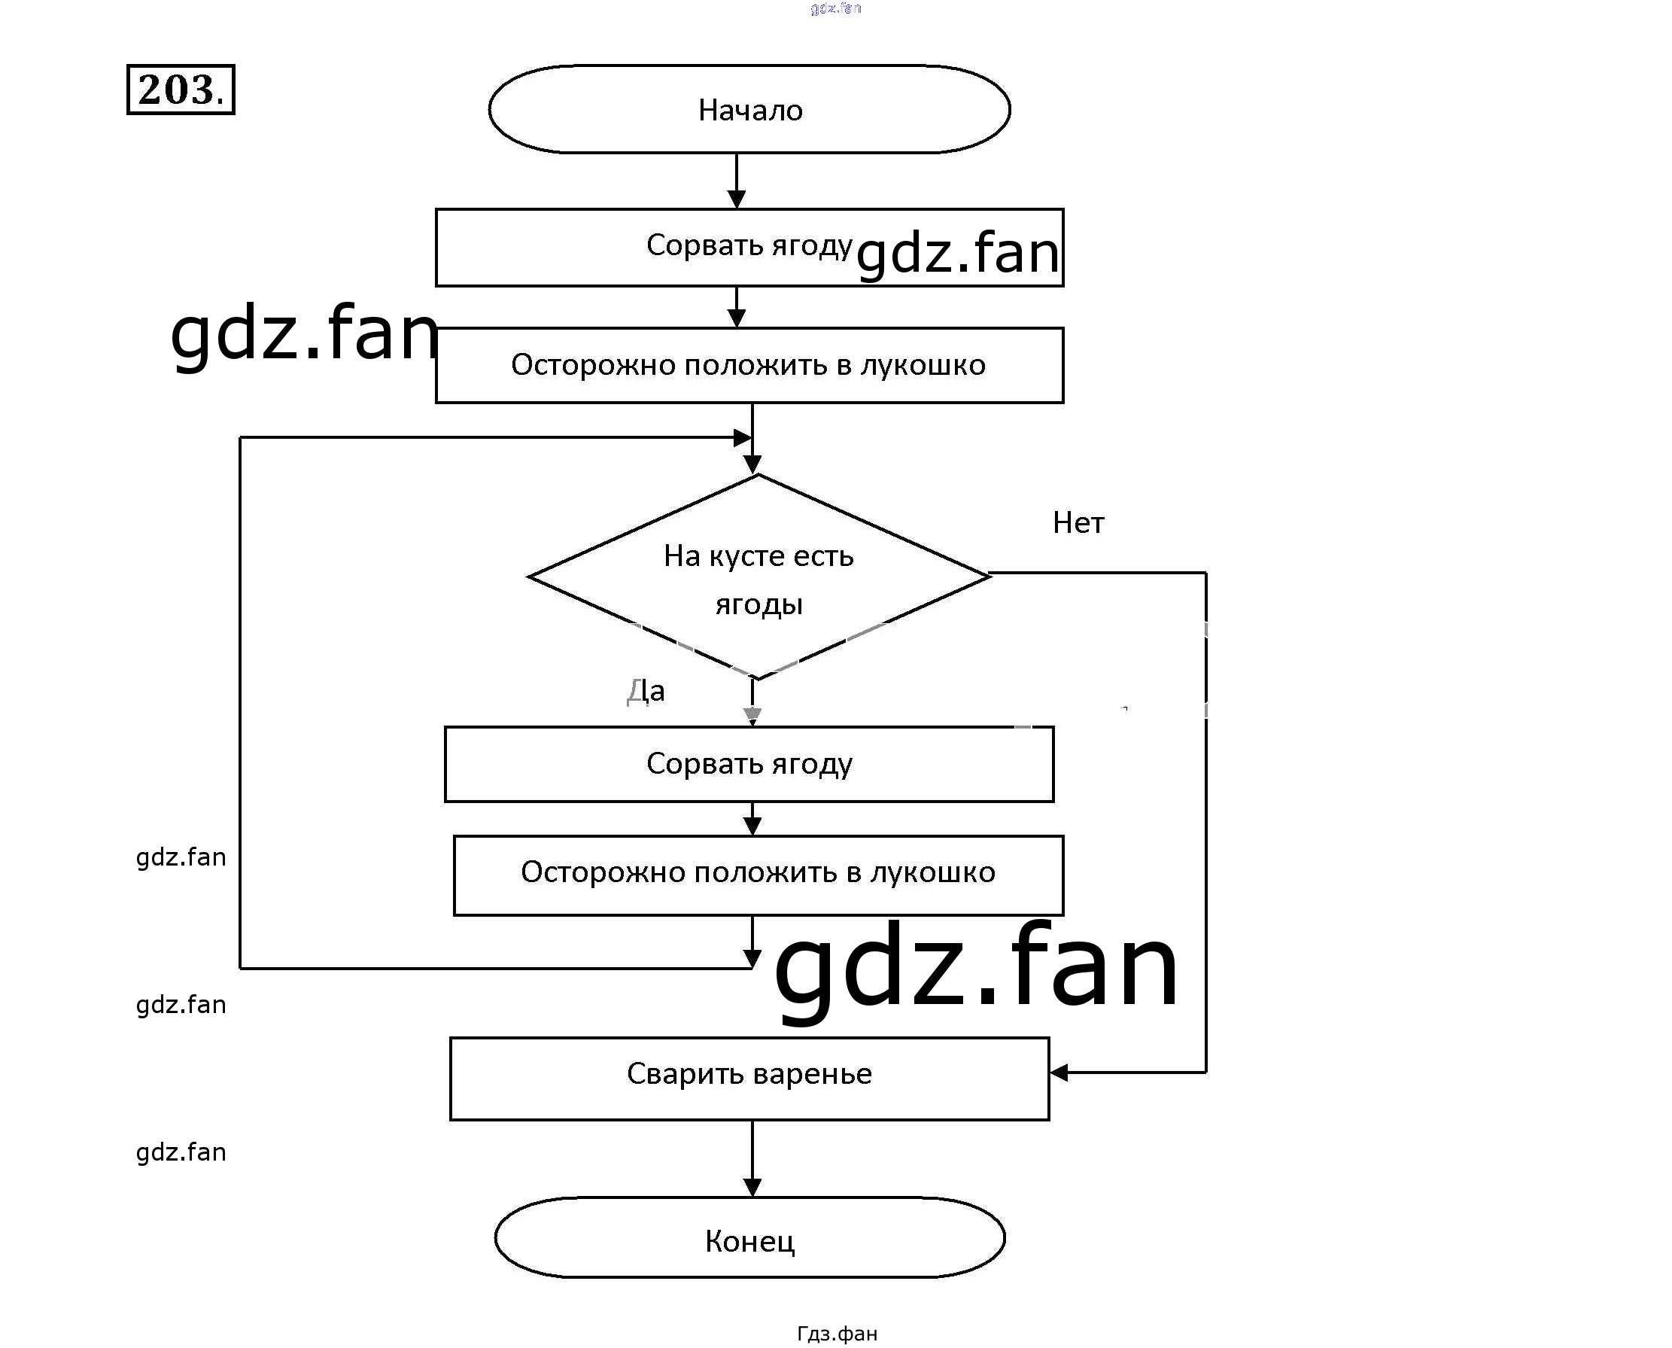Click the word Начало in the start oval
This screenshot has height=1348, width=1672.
click(749, 110)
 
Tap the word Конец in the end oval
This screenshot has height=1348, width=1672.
click(749, 1241)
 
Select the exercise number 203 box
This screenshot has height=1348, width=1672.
click(180, 90)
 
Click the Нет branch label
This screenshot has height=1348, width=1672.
click(1078, 522)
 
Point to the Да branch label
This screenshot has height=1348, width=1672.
click(646, 690)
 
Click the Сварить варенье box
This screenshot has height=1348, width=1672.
click(749, 1079)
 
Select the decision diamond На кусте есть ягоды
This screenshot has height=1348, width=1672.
click(758, 577)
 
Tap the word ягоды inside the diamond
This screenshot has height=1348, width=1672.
click(758, 604)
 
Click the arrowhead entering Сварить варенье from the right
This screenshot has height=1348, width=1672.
click(1059, 1073)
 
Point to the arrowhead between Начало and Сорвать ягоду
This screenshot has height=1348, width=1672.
click(737, 198)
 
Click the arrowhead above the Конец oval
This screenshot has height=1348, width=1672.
click(752, 1186)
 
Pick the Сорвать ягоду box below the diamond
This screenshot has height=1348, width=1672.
click(749, 764)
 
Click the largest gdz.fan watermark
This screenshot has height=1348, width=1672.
click(977, 966)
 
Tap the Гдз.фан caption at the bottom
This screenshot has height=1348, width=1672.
click(837, 1333)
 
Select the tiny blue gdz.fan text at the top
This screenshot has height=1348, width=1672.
click(835, 8)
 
